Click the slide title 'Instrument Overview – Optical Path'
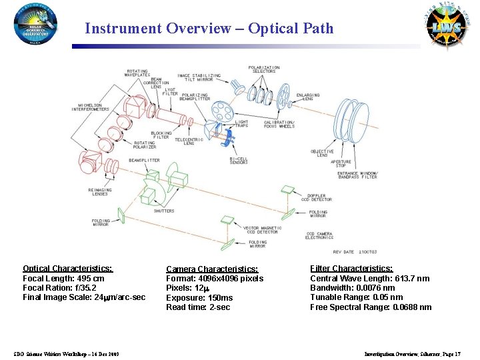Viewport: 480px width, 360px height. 209,29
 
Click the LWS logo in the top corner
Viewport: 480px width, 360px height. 443,27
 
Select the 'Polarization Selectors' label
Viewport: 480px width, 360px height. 264,69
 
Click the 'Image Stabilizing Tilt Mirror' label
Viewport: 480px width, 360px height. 199,78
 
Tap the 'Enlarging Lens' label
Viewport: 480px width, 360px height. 308,97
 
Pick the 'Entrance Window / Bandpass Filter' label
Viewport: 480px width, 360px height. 358,175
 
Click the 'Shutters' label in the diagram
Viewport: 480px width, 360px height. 164,211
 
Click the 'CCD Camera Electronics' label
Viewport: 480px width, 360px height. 319,235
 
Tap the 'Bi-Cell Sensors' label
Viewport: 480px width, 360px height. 239,160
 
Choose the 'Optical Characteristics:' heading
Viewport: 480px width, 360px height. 67,269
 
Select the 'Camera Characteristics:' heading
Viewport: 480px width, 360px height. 211,269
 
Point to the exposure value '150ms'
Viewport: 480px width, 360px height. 221,297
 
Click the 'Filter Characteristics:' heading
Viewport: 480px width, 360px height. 351,269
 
